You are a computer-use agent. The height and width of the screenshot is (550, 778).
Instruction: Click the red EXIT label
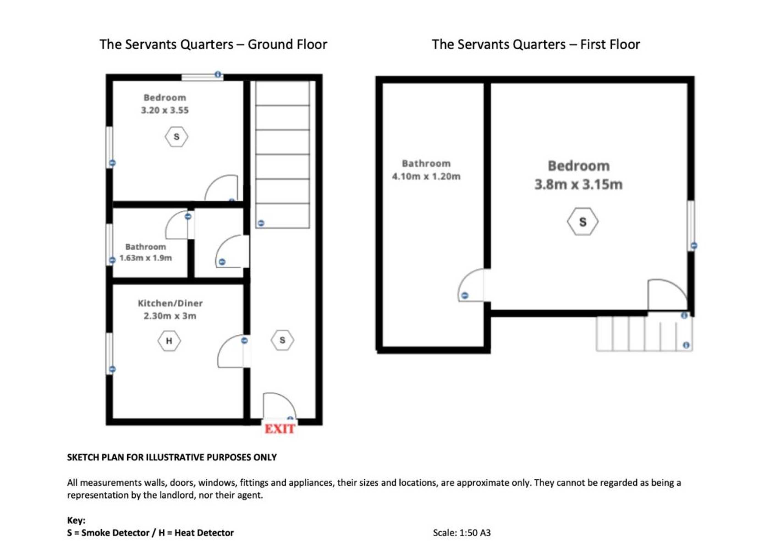click(x=280, y=429)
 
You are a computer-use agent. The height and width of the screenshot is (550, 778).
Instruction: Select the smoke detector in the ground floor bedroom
click(x=176, y=137)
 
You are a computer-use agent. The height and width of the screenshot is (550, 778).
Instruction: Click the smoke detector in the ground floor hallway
click(x=282, y=340)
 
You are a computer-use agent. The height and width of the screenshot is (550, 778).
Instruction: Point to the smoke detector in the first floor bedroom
click(x=582, y=222)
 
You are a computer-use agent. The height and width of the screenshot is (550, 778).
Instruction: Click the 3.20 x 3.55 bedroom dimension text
click(x=165, y=110)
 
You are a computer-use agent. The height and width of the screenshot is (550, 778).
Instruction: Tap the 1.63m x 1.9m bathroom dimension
click(x=146, y=258)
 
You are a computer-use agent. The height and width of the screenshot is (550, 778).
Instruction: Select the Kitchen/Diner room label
click(x=170, y=303)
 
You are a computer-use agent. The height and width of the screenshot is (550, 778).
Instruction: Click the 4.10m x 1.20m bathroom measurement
click(x=426, y=177)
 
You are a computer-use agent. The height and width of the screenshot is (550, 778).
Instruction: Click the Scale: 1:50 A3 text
click(x=461, y=533)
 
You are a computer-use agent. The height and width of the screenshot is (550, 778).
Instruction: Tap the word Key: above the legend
click(x=76, y=520)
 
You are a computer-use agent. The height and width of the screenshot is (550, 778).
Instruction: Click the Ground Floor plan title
click(x=213, y=44)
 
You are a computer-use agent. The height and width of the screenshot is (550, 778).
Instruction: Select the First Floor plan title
click(x=536, y=44)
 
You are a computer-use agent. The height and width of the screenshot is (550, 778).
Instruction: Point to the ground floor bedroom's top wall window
click(x=202, y=78)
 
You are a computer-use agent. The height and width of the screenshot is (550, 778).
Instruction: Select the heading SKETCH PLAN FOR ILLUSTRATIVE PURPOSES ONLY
click(x=172, y=458)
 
